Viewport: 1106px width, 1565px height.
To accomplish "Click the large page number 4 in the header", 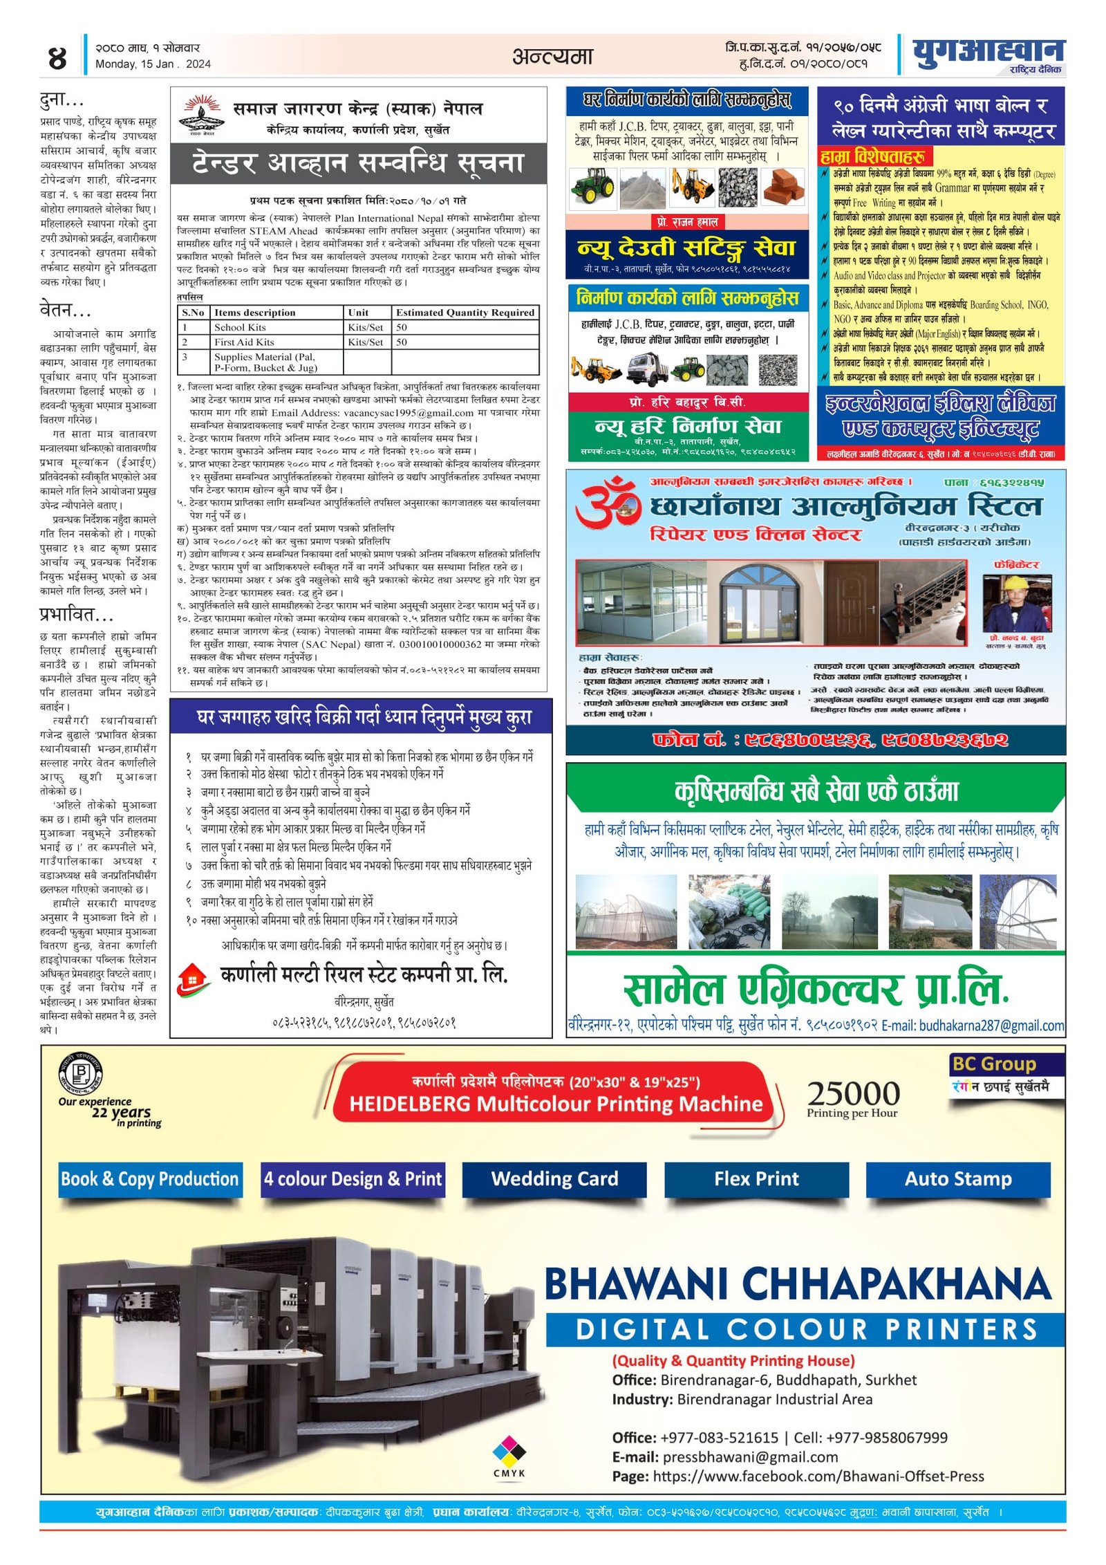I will (x=57, y=58).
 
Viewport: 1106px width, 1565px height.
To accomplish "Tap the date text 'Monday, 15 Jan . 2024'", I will (x=153, y=64).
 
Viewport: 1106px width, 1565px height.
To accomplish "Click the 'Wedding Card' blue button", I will (x=554, y=1178).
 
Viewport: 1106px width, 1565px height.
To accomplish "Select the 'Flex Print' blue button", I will (x=756, y=1178).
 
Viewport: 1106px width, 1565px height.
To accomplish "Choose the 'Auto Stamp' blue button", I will (x=957, y=1178).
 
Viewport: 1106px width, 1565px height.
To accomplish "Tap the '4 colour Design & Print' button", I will (x=353, y=1178).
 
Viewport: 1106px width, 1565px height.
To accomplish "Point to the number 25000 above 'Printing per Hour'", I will (x=853, y=1093).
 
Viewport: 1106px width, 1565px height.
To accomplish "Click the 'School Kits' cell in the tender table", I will (x=240, y=327).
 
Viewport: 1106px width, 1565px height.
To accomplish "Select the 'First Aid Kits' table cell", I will (x=244, y=342).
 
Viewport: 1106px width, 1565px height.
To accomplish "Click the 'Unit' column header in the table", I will (x=358, y=313).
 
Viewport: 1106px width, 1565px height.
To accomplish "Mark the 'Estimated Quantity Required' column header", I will (x=465, y=313).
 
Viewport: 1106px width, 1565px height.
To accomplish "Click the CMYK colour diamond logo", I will (x=509, y=1449).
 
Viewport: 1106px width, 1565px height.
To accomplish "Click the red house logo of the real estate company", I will (x=193, y=980).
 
